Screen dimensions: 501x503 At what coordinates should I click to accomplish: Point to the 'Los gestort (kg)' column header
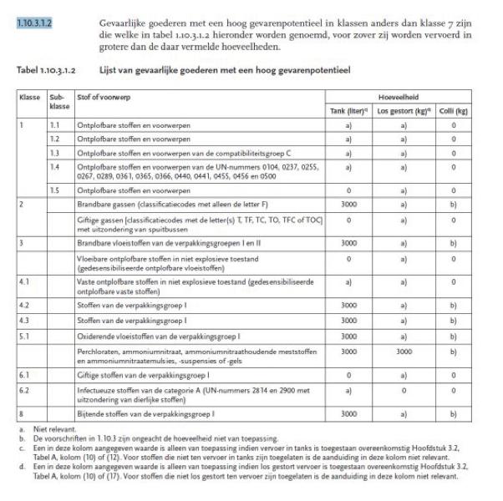(x=403, y=110)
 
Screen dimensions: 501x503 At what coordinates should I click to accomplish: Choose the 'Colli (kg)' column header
(x=454, y=110)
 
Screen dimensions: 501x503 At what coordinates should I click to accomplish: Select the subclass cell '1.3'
(x=55, y=154)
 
